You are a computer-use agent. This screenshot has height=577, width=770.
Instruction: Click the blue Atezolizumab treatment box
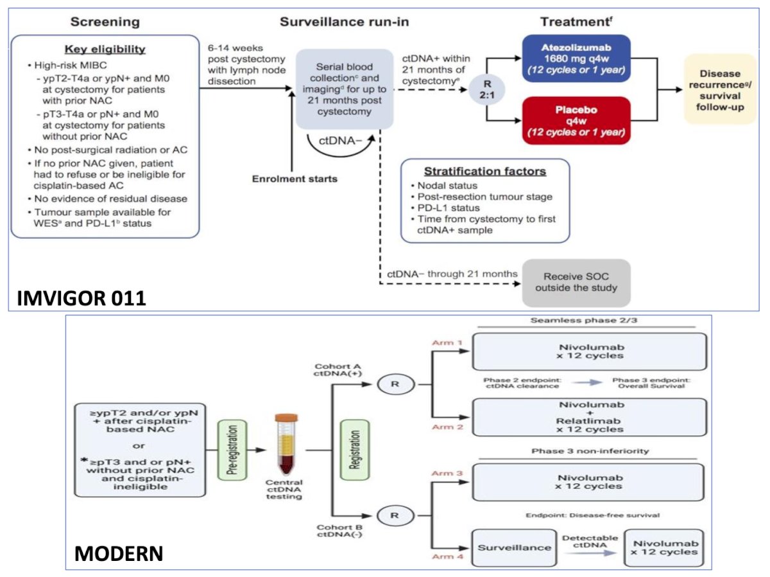576,58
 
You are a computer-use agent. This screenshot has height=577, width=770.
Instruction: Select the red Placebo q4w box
576,120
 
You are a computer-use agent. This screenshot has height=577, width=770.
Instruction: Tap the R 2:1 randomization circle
487,89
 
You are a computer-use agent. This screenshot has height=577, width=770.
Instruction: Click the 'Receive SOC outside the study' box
576,282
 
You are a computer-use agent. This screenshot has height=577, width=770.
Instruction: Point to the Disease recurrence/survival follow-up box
720,89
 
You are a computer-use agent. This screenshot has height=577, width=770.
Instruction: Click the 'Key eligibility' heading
105,49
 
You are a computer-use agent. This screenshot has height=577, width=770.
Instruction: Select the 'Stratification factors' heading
485,171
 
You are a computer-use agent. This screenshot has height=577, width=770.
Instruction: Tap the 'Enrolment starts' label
295,179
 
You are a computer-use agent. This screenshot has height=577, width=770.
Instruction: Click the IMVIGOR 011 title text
81,298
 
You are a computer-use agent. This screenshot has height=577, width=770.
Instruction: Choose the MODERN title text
119,553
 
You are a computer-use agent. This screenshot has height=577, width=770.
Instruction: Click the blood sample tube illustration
286,445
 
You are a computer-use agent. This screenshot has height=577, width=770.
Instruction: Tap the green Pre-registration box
232,450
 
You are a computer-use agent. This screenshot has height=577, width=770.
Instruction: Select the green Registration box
355,450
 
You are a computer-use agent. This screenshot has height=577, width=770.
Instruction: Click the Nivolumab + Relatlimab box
589,417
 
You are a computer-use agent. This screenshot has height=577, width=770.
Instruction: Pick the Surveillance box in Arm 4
514,547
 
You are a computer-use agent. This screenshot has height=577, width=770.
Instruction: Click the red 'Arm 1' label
447,342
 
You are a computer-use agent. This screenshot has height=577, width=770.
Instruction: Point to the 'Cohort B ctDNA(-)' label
339,531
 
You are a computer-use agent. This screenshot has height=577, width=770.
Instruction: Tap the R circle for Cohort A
396,384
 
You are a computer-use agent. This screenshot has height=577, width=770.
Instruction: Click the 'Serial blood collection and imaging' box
345,89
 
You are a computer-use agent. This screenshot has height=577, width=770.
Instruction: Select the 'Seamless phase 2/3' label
584,320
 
